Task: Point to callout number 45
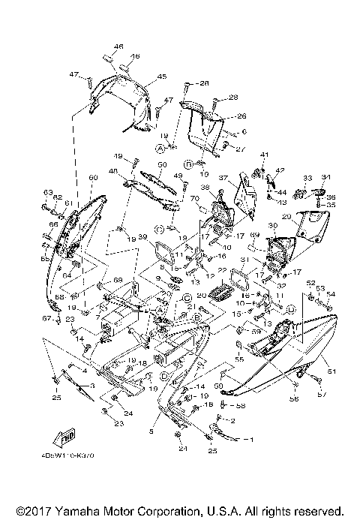(162, 77)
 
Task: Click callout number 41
(263, 155)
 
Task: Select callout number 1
(251, 438)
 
